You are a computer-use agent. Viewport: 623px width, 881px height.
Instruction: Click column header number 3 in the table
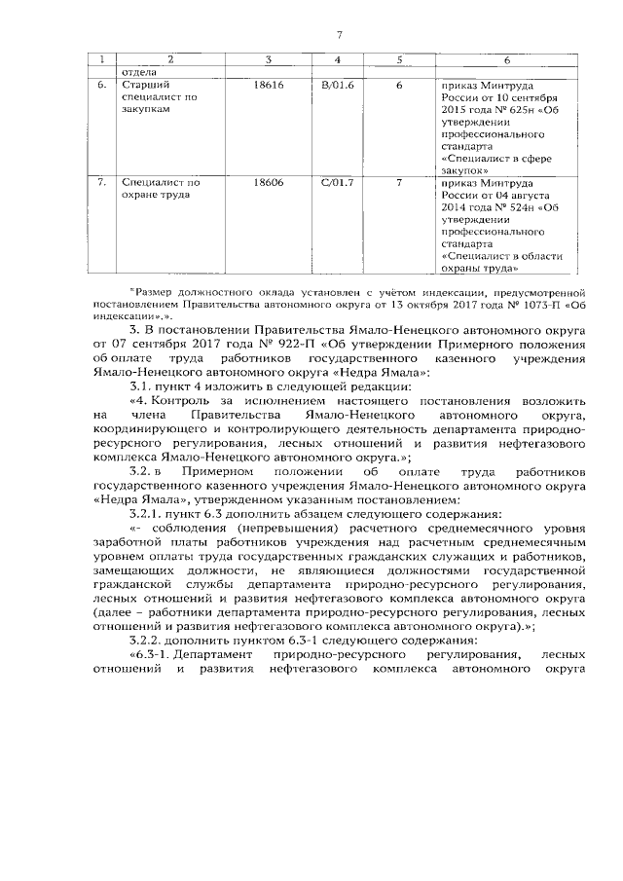coord(268,61)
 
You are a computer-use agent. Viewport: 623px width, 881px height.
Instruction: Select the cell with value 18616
coord(268,86)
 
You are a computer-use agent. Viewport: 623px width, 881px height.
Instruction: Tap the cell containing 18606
coord(268,181)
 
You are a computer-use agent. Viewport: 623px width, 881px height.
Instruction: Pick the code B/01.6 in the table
coord(338,86)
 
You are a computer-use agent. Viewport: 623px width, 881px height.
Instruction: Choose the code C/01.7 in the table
coord(338,181)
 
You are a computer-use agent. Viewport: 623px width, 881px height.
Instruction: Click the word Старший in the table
coord(139,86)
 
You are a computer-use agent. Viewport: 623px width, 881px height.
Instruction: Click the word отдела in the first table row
coord(137,73)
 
